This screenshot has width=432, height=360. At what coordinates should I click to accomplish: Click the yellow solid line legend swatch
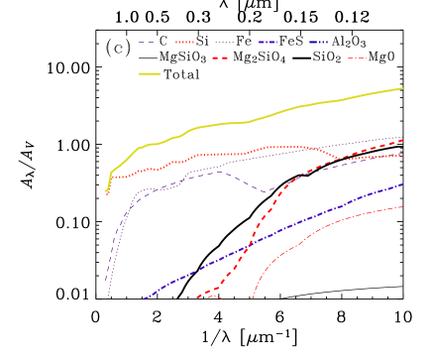coord(149,73)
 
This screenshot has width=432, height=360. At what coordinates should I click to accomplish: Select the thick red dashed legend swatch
coord(220,59)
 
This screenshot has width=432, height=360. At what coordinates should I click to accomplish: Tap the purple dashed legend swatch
coord(148,43)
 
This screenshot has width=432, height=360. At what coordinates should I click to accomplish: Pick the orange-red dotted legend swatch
coord(184,43)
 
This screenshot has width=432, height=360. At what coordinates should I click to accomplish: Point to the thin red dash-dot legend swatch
coord(357,59)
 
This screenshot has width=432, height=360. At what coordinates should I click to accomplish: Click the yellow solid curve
coord(248,121)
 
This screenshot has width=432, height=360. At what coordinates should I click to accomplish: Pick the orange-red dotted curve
coord(228,154)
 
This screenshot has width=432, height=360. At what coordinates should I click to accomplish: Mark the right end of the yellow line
coord(402,88)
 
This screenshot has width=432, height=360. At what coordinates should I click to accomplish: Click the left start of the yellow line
coord(106,190)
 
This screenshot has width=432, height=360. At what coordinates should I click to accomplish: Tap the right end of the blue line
coord(402,184)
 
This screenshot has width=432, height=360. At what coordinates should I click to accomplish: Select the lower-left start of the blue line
coord(145,299)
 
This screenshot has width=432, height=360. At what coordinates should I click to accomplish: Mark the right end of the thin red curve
coord(402,206)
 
